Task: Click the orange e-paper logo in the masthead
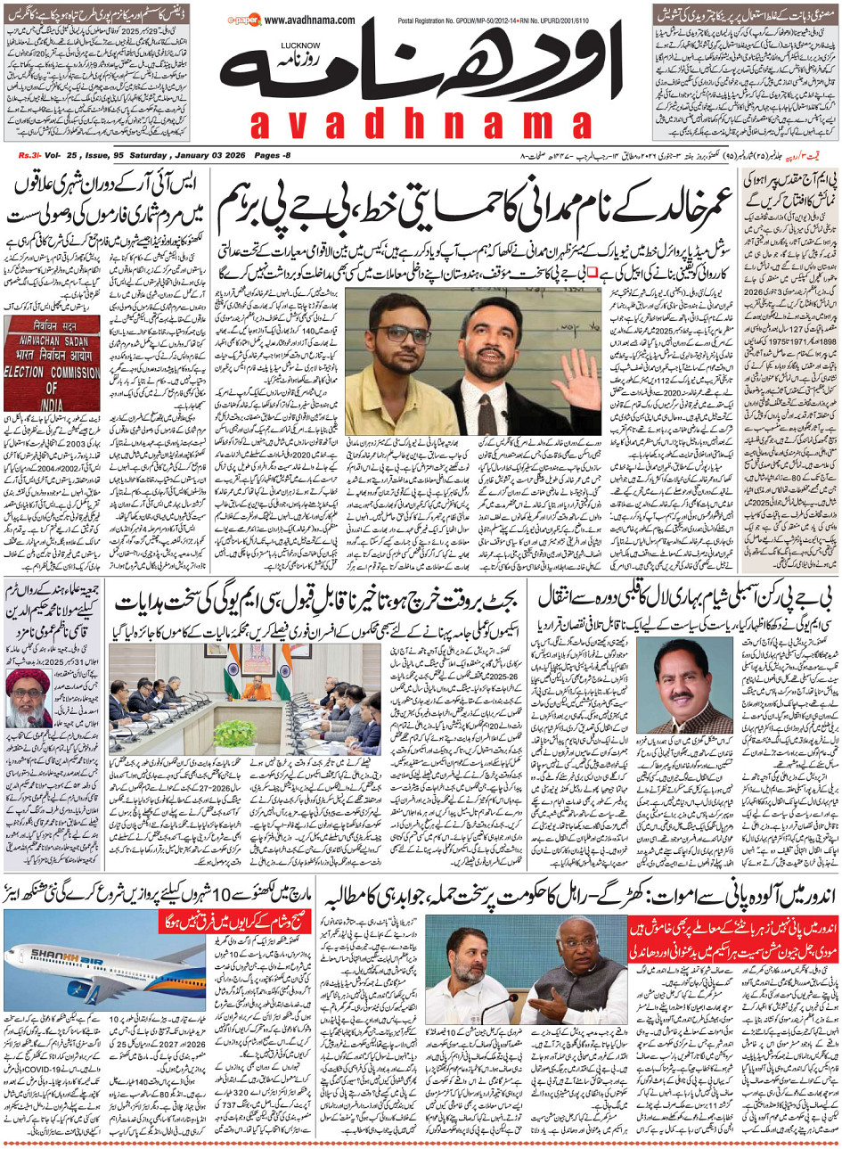[243, 19]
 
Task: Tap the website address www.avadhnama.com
[309, 20]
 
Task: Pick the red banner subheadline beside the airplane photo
[234, 921]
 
